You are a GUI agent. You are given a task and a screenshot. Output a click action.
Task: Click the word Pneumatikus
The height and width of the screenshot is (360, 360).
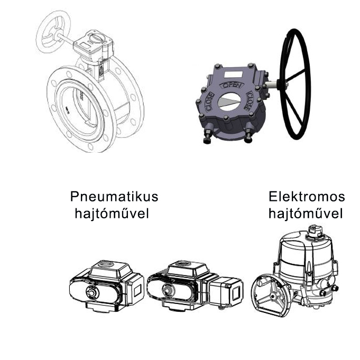coord(114,197)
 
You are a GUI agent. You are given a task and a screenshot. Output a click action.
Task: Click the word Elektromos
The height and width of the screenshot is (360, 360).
coord(307,197)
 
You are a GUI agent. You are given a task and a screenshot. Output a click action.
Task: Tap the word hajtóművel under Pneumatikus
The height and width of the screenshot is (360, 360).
coord(112,213)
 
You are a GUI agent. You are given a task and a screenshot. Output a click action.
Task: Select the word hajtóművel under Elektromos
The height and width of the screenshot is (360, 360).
coord(306,213)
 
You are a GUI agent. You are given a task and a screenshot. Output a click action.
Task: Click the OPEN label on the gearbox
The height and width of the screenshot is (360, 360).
coord(231,86)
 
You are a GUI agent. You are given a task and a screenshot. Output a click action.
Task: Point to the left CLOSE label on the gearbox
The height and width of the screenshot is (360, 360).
coord(210,102)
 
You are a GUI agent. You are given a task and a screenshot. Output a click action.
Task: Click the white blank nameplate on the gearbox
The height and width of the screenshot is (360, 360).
coord(234,74)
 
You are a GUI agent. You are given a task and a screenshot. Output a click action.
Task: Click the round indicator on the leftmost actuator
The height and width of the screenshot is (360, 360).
coord(92,292)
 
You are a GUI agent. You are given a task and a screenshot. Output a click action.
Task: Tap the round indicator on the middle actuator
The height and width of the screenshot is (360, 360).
coord(168,289)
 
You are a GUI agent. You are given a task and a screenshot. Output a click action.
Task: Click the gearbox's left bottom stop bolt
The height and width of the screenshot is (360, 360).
coord(207,136)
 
